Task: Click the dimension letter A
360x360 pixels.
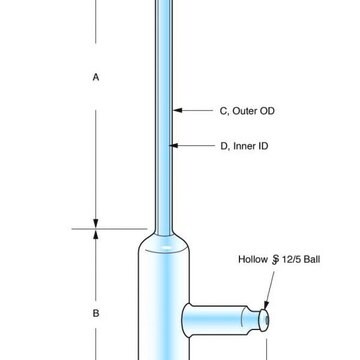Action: click(96, 78)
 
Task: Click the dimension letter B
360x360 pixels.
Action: click(96, 314)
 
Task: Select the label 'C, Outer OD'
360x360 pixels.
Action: click(247, 111)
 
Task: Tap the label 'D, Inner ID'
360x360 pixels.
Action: click(244, 146)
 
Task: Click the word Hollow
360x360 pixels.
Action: click(253, 259)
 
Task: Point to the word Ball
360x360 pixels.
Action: click(312, 259)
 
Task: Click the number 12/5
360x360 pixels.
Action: click(291, 259)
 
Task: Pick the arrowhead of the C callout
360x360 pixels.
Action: click(178, 110)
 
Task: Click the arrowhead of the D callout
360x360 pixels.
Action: click(174, 145)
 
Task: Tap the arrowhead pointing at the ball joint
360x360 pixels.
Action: click(266, 305)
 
